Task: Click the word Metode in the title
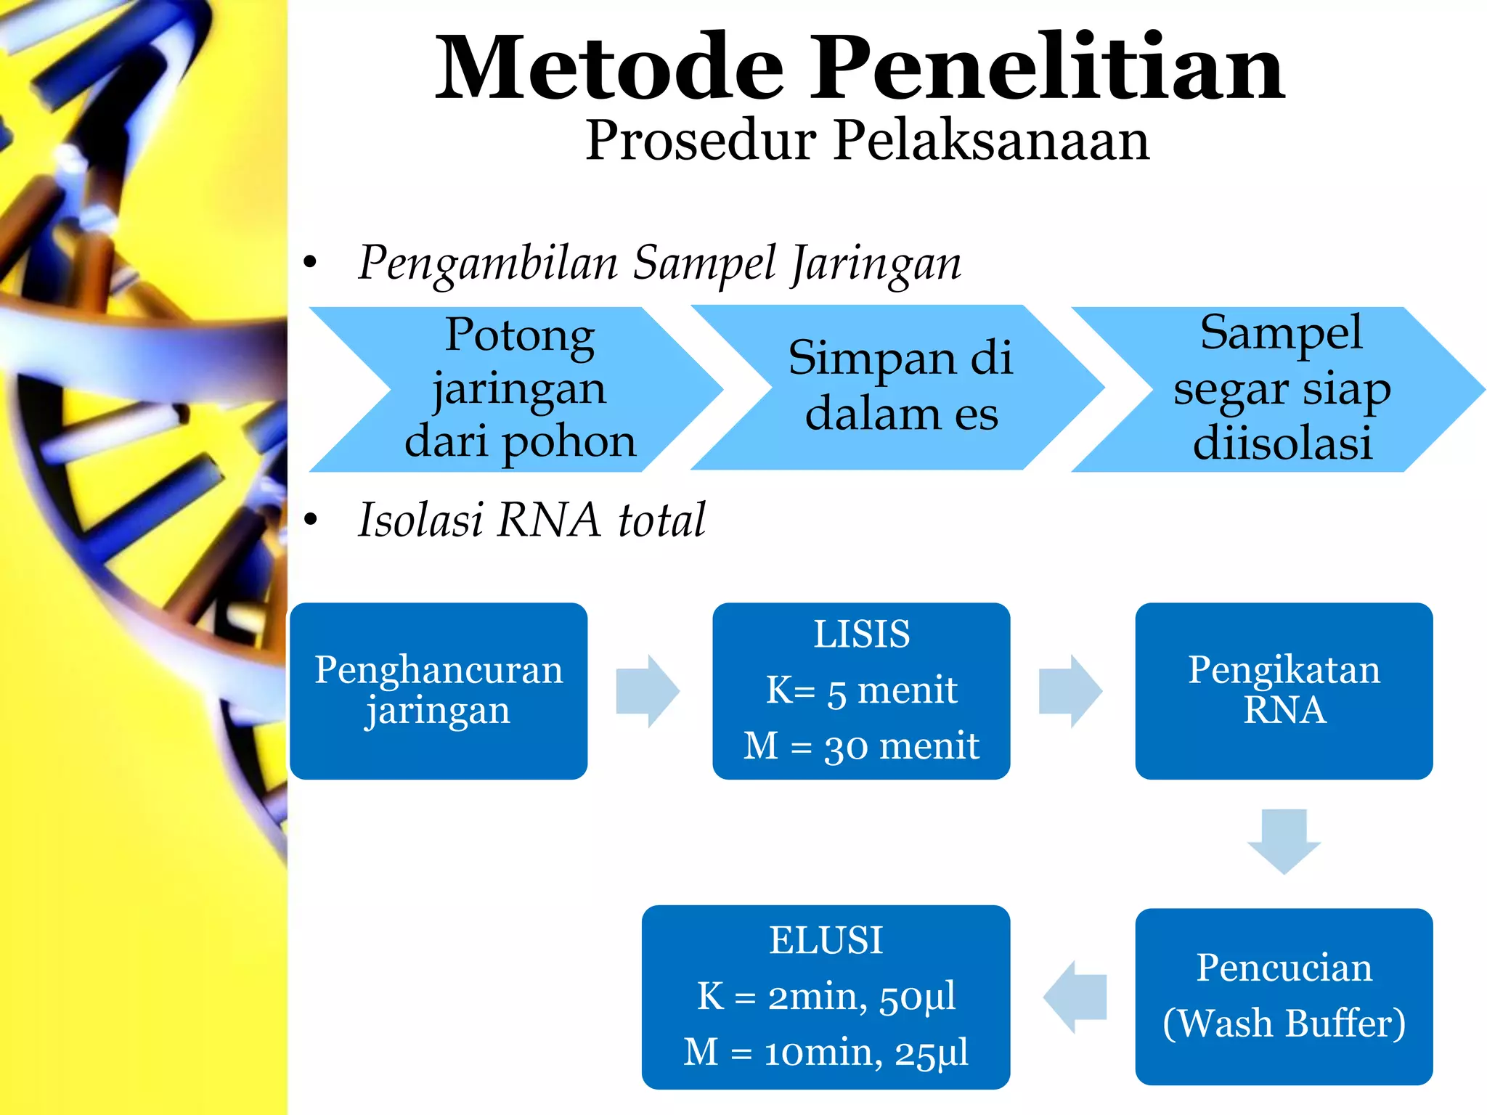[610, 69]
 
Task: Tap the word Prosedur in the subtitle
[700, 139]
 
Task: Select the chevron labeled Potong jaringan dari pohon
[519, 389]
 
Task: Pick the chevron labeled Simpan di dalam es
[900, 387]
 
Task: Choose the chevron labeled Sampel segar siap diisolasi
[1282, 389]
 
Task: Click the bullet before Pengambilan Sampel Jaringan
[311, 263]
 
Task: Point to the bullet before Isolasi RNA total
[311, 520]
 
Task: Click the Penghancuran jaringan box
[439, 690]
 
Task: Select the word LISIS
[861, 634]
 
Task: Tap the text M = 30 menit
[861, 746]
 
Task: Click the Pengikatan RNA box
[1284, 690]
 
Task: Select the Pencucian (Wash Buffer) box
[1284, 996]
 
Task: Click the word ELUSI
[826, 940]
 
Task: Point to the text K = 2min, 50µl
[826, 996]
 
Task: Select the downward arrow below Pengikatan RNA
[1284, 841]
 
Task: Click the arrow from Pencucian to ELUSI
[1075, 997]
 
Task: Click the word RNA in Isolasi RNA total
[549, 520]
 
